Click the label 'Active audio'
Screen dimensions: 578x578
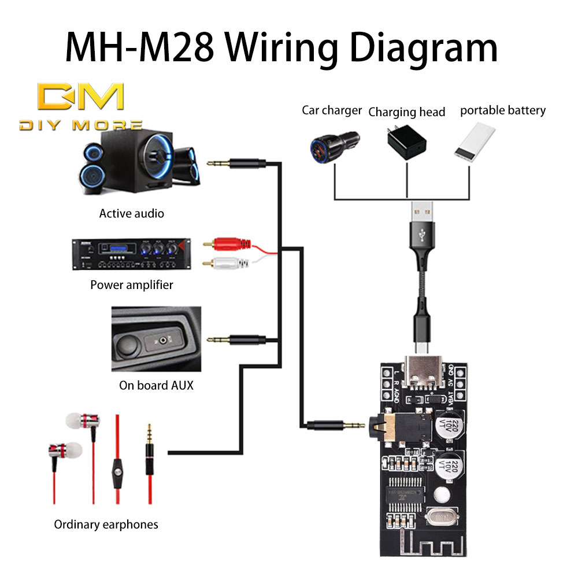[x=132, y=214]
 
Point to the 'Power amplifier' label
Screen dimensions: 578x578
[x=132, y=285]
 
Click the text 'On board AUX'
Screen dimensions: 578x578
[x=156, y=385]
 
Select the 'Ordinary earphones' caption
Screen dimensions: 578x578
[x=106, y=525]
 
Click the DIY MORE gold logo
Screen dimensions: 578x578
[x=80, y=104]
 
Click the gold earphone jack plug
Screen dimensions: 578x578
[x=150, y=451]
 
